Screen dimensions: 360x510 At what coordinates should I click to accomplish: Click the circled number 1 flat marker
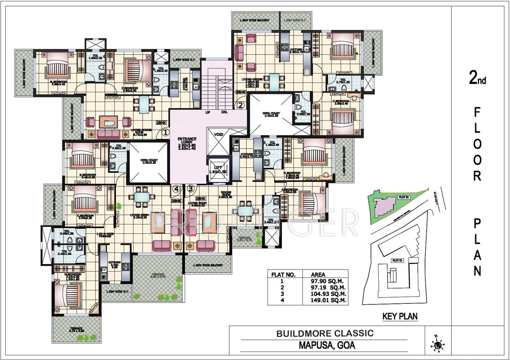coord(165,132)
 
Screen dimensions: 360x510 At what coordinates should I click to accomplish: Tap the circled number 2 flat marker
coord(240,105)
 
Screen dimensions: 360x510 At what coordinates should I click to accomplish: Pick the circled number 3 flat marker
coord(190,189)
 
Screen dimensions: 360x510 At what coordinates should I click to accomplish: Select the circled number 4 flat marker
coord(176,189)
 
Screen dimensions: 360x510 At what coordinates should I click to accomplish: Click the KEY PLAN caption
coord(400,316)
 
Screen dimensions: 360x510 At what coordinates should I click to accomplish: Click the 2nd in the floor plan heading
coord(478,79)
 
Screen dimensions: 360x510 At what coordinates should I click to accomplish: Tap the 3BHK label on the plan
coord(176,201)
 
